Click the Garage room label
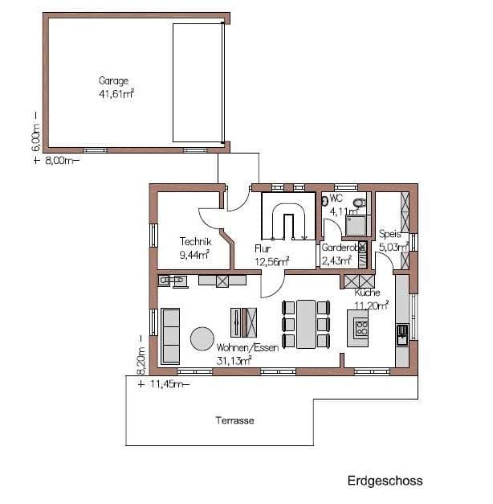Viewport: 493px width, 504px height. (113, 80)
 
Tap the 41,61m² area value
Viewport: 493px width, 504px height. (116, 94)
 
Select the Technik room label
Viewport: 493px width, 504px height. (195, 241)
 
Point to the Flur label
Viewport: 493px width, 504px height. (263, 248)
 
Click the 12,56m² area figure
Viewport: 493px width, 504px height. (271, 261)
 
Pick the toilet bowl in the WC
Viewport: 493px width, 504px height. (360, 203)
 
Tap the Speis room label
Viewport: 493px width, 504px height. (390, 234)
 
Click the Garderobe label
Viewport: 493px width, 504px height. (340, 248)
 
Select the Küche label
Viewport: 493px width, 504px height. (368, 293)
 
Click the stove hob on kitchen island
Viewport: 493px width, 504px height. (361, 329)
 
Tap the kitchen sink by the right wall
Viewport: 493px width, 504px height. (402, 334)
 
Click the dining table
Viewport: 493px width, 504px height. (306, 324)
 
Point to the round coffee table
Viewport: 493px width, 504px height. (202, 338)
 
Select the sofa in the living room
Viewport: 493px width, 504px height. (170, 336)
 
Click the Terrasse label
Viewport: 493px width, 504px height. (234, 420)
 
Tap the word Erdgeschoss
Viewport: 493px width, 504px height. (385, 481)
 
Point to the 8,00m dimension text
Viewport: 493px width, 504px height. (61, 160)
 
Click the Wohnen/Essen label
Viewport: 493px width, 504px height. (247, 347)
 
